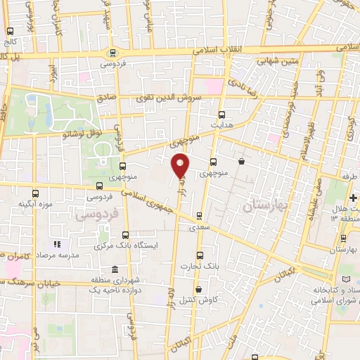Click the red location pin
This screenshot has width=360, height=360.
click(181, 165)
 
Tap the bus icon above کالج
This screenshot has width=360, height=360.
click(10, 32)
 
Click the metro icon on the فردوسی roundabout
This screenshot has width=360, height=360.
click(112, 53)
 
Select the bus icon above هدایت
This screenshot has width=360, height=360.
click(222, 114)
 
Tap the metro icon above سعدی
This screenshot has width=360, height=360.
click(199, 216)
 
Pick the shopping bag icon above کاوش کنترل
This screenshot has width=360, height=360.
click(198, 289)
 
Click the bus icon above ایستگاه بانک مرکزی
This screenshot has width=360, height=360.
click(125, 236)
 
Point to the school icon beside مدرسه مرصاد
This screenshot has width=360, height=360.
click(58, 244)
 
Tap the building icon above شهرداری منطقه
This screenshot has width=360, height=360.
click(115, 270)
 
